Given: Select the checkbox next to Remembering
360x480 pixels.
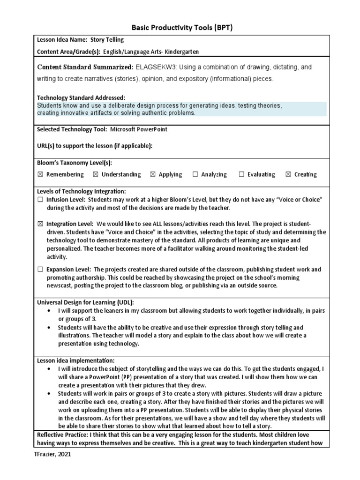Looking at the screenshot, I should [40, 174].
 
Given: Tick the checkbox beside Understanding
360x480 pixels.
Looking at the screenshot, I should [96, 174].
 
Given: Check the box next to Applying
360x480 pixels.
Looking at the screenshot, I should [153, 174].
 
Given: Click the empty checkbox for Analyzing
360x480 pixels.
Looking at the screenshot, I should [195, 174].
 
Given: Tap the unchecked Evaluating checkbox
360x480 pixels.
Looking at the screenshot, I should [241, 174].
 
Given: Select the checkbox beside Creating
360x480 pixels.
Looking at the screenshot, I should [288, 174].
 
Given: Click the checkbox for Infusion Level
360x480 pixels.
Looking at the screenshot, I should [40, 200].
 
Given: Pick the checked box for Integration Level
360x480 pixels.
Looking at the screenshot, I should [40, 224].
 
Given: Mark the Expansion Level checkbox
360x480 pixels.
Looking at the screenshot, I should [40, 269].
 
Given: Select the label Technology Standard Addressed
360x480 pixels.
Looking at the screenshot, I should [81, 97].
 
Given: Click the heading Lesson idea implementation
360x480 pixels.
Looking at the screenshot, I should [75, 360].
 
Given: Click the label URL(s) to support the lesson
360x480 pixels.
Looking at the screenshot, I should [95, 146].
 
